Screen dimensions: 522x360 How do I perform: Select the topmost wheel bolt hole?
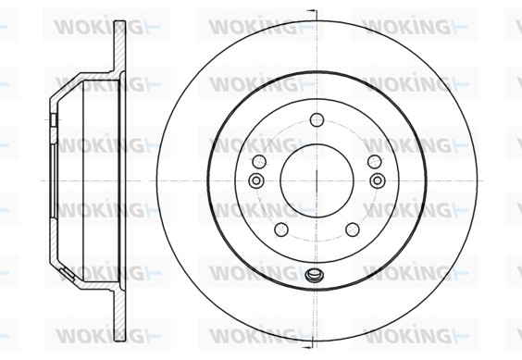pyautogui.click(x=317, y=120)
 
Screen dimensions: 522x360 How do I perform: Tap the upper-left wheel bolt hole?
pyautogui.click(x=259, y=162)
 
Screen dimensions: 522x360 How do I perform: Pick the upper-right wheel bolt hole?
pyautogui.click(x=375, y=162)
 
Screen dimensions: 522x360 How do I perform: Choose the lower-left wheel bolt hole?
pyautogui.click(x=281, y=230)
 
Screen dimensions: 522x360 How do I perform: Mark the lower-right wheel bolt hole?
pyautogui.click(x=353, y=230)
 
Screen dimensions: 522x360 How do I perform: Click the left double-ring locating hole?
pyautogui.click(x=256, y=180)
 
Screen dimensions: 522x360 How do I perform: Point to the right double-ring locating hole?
pyautogui.click(x=378, y=180)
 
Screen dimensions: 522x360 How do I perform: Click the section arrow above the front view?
pyautogui.click(x=312, y=11)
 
